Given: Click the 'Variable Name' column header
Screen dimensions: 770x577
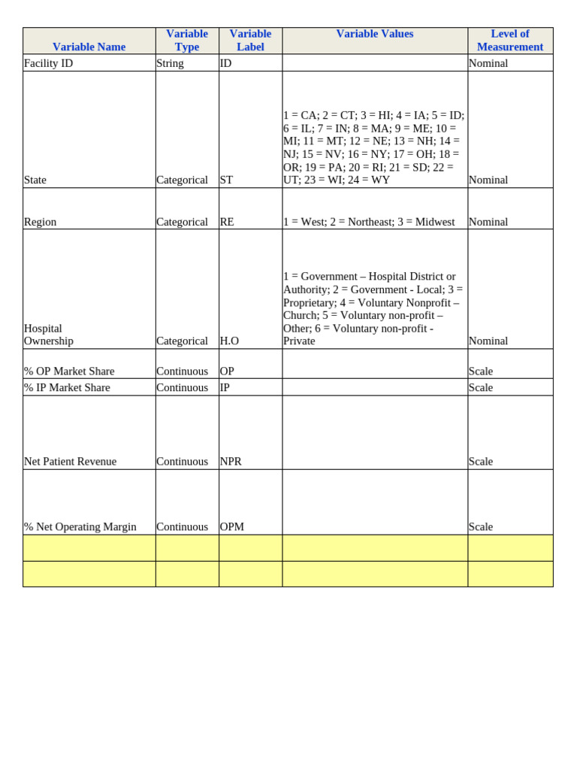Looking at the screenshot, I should (x=89, y=47).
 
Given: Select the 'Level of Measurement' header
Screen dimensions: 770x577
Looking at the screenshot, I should (x=509, y=41).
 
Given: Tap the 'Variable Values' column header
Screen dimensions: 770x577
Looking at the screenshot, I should (x=374, y=34).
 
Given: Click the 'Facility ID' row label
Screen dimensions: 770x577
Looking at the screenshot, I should (x=49, y=63).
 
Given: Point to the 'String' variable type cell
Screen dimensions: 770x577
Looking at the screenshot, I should (x=171, y=63).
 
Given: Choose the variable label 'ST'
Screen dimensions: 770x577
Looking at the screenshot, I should (x=226, y=180).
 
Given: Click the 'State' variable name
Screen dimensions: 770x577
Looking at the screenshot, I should (x=35, y=180).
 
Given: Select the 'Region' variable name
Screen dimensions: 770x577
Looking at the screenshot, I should (x=41, y=222).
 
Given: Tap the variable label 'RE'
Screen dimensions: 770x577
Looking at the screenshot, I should (x=227, y=222).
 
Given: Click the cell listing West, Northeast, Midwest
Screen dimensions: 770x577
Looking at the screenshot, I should (x=369, y=222).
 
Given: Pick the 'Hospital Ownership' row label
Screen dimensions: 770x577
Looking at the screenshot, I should (x=49, y=335).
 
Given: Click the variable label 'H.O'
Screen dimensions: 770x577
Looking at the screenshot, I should (x=229, y=341).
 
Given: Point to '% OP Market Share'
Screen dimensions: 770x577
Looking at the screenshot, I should (x=69, y=371).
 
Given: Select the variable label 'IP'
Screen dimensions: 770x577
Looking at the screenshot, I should (x=225, y=387).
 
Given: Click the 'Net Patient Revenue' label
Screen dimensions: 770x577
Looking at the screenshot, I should (x=71, y=461).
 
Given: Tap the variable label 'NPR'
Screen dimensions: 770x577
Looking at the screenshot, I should (x=231, y=461).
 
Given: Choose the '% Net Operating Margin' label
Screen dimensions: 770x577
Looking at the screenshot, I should (x=80, y=526).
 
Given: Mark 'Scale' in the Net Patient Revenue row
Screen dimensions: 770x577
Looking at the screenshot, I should (x=481, y=461).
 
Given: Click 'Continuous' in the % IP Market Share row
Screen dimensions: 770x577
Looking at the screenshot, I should (x=182, y=387).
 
